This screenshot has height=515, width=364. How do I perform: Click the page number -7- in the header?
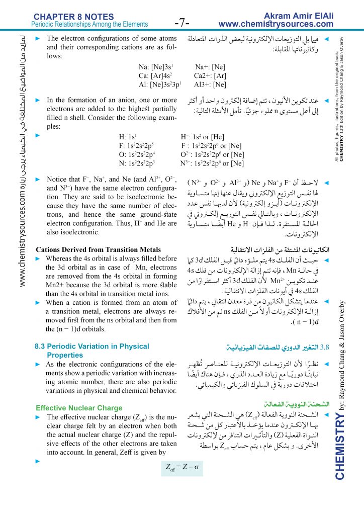[181, 23]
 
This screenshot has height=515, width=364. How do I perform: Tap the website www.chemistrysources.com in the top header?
[277, 24]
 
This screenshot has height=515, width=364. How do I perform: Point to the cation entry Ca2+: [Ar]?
[211, 76]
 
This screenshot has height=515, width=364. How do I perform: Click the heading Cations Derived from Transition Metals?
[99, 250]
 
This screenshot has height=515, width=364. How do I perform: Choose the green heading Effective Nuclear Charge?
[79, 407]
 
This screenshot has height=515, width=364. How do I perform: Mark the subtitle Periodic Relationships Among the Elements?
[89, 24]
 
